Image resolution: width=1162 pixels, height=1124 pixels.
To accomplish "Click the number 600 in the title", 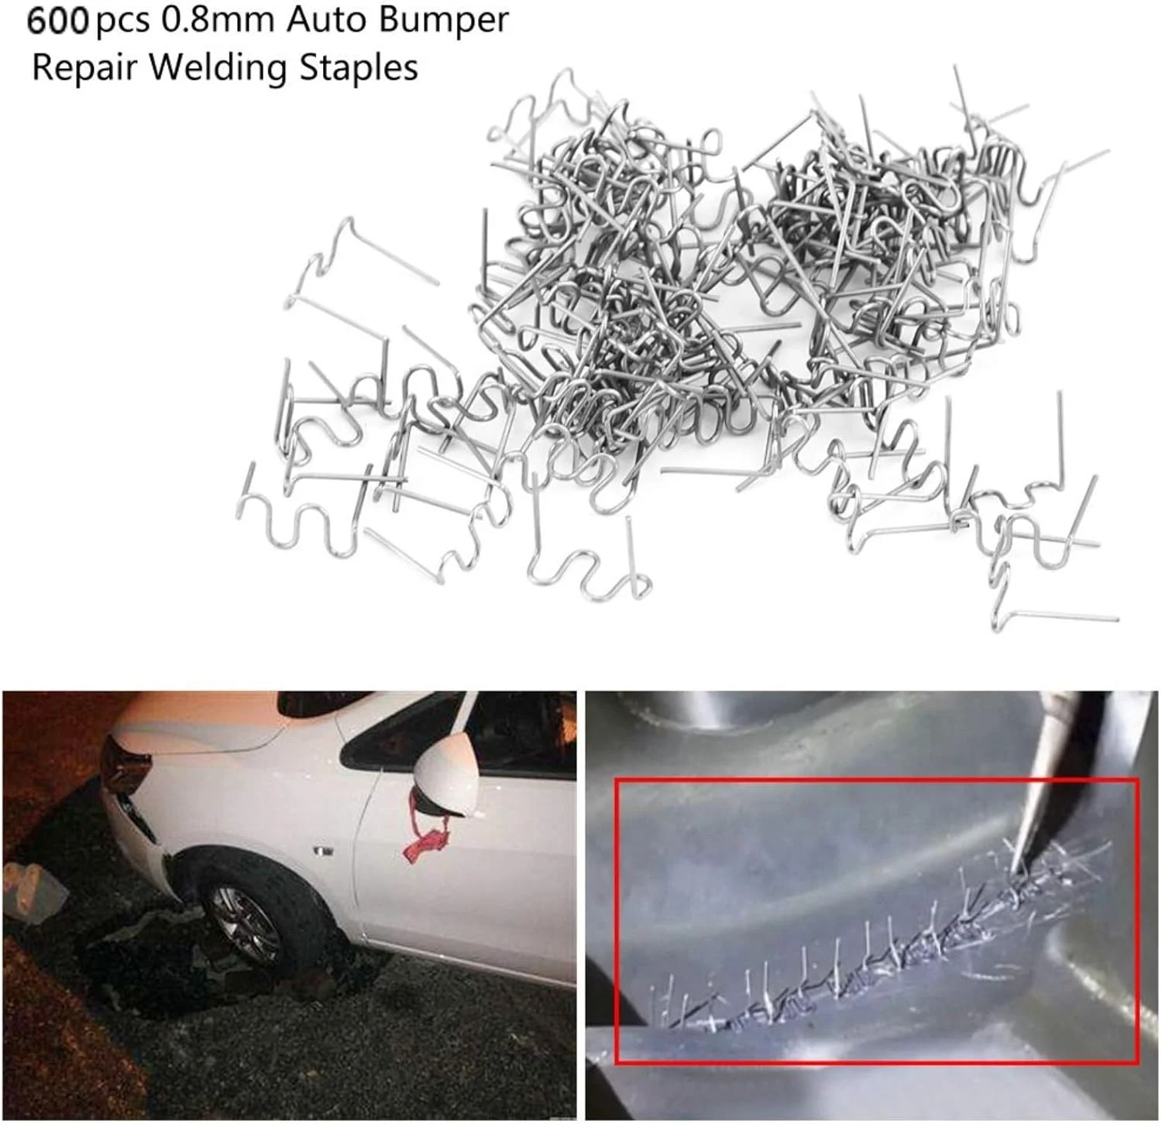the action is [58, 20].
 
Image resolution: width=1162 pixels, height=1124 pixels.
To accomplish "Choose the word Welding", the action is [218, 68].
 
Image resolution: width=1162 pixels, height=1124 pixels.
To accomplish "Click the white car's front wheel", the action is [246, 924].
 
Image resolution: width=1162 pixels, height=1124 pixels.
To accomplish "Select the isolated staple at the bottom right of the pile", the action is [1054, 596].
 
